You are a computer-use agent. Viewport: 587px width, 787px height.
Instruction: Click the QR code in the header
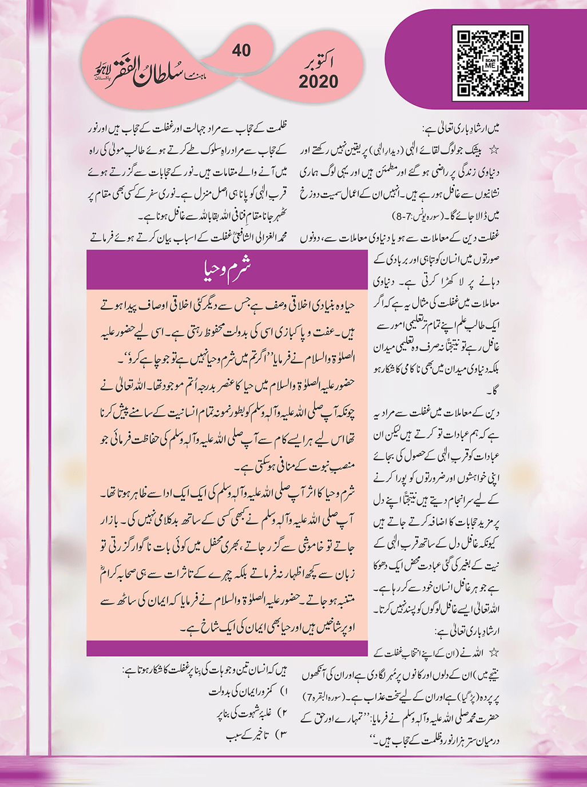[490, 63]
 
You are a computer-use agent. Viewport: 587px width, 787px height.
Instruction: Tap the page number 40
[241, 51]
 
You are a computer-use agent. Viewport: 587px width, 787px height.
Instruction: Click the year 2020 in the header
[318, 82]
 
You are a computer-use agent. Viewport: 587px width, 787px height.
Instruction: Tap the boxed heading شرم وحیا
[227, 268]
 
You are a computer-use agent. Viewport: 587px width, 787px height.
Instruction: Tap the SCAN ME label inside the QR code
[490, 63]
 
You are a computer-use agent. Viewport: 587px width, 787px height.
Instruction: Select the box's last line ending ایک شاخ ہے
[269, 627]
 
